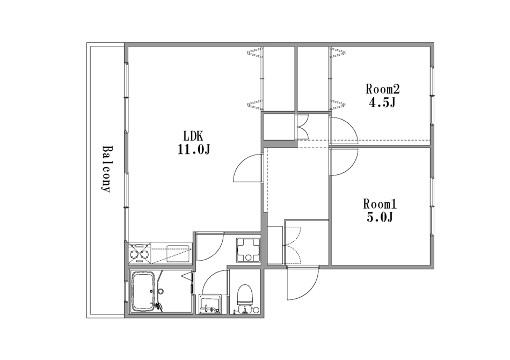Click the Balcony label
tap(106, 169)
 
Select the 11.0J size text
tap(194, 150)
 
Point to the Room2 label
tap(382, 89)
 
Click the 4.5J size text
tap(382, 102)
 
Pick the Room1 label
tap(380, 204)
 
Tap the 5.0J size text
tap(380, 217)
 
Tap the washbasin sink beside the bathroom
tap(210, 304)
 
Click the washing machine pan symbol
tap(248, 249)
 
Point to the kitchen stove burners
tap(141, 253)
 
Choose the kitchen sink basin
tap(178, 253)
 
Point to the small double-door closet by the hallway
tap(303, 127)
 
